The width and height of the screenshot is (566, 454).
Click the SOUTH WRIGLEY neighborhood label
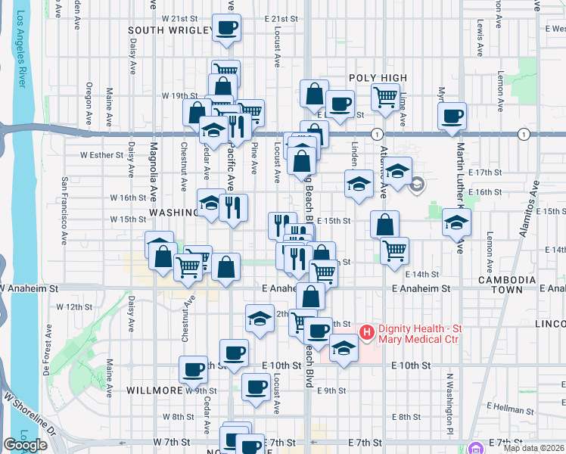(x=170, y=30)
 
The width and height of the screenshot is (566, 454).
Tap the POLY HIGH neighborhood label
(x=378, y=78)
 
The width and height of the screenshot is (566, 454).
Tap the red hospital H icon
(x=367, y=331)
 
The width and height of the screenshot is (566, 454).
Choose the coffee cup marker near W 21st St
(x=227, y=29)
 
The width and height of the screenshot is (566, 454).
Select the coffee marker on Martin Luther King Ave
(x=452, y=117)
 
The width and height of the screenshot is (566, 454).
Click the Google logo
(x=25, y=445)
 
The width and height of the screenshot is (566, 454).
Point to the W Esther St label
(x=101, y=155)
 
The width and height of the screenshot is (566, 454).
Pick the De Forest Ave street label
(x=47, y=353)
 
